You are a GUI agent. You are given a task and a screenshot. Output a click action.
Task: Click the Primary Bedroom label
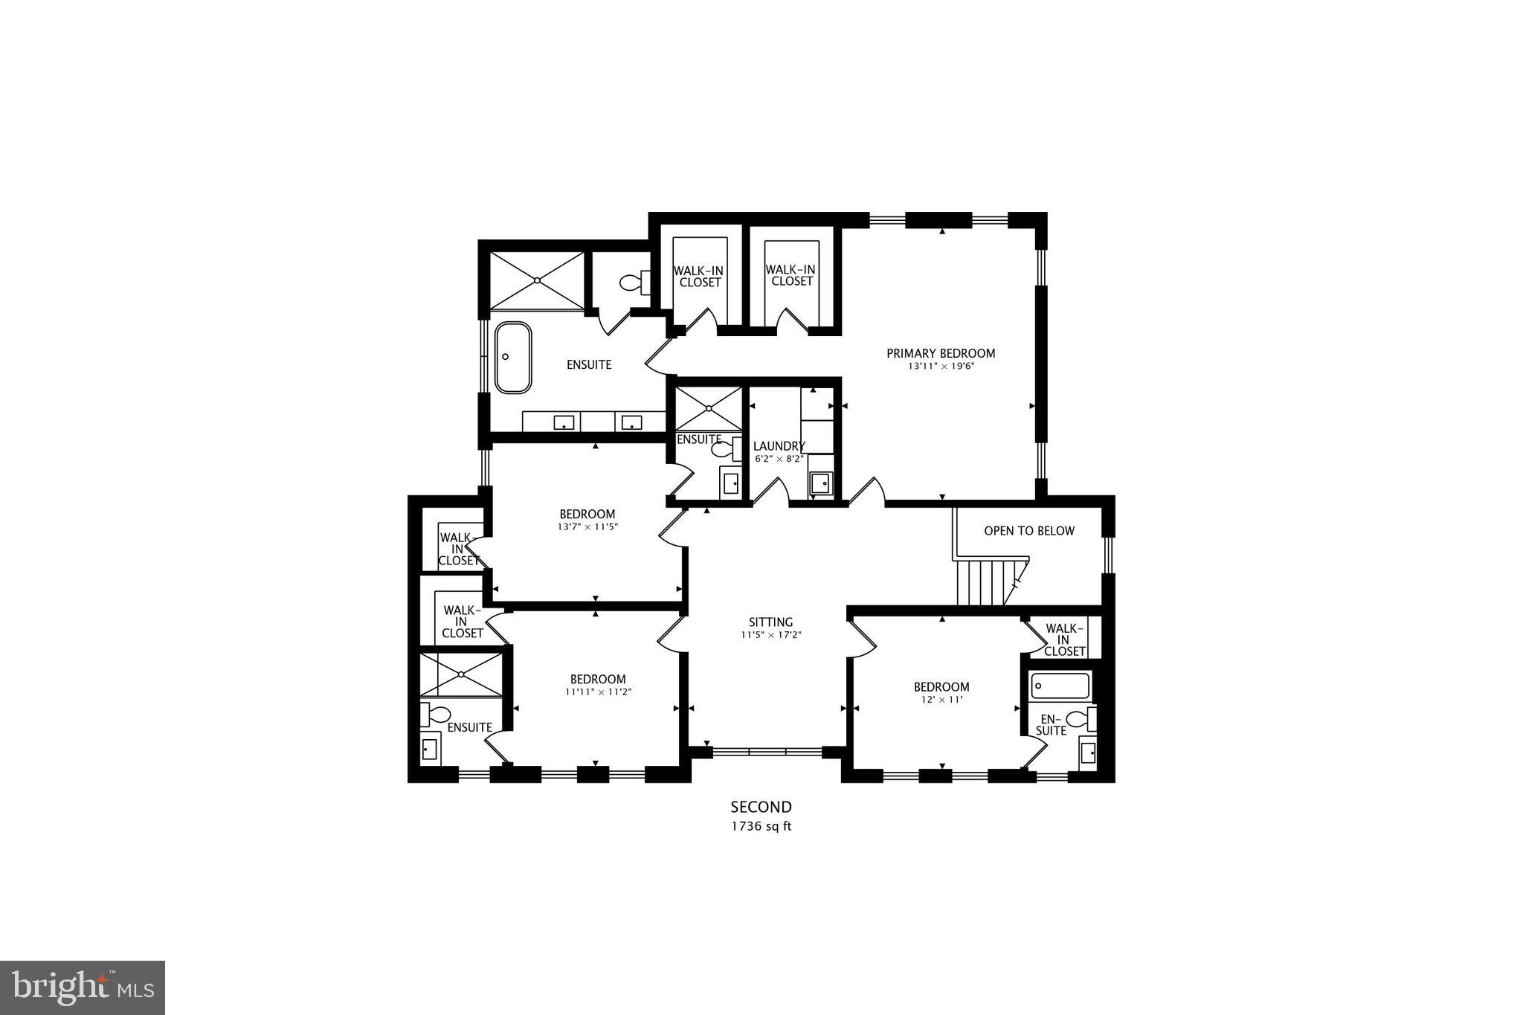pyautogui.click(x=941, y=353)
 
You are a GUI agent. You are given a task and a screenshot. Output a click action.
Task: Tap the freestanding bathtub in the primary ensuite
pyautogui.click(x=513, y=357)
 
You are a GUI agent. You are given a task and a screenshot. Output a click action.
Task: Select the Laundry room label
pyautogui.click(x=779, y=446)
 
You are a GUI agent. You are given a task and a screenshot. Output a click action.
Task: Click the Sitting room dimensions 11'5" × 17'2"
pyautogui.click(x=770, y=635)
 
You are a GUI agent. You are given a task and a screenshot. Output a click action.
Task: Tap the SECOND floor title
pyautogui.click(x=761, y=807)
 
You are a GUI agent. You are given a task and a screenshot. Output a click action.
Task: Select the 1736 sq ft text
pyautogui.click(x=761, y=826)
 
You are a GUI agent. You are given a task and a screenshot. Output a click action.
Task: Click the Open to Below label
pyautogui.click(x=1029, y=531)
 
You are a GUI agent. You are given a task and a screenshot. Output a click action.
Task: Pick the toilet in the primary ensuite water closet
pyautogui.click(x=633, y=283)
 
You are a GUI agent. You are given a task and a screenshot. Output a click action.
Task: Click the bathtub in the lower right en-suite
pyautogui.click(x=1060, y=685)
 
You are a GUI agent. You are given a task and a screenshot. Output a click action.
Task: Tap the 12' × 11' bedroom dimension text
pyautogui.click(x=941, y=700)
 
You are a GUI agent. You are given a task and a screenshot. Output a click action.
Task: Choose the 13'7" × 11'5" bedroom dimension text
pyautogui.click(x=587, y=526)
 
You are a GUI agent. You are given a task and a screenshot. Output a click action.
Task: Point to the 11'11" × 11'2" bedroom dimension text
pyautogui.click(x=598, y=692)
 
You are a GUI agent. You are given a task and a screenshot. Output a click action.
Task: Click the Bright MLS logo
pyautogui.click(x=83, y=987)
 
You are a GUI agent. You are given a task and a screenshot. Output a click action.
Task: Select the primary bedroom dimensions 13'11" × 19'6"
pyautogui.click(x=941, y=366)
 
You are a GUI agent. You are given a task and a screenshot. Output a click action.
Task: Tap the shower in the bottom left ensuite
pyautogui.click(x=461, y=674)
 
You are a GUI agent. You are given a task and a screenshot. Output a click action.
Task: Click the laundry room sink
pyautogui.click(x=822, y=484)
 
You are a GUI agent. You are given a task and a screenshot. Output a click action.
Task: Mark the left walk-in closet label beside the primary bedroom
pyautogui.click(x=700, y=277)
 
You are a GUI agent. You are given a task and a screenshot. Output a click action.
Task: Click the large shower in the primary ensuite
pyautogui.click(x=538, y=280)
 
